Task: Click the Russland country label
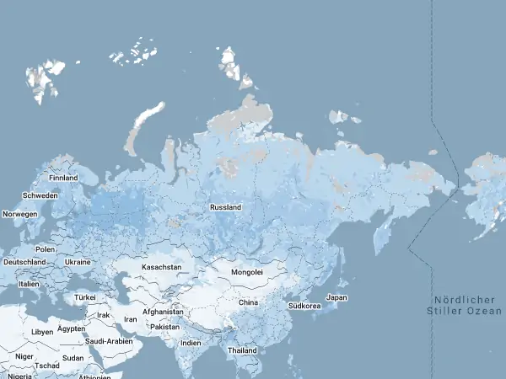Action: tap(226, 207)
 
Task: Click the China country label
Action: tap(248, 302)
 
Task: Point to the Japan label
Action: tap(336, 297)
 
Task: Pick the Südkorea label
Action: tap(304, 306)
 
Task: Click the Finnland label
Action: tap(63, 179)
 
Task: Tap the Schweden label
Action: tap(40, 195)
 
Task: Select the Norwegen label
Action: tap(20, 215)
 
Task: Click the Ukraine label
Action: tap(78, 262)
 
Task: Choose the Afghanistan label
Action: tap(164, 312)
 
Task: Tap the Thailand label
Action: tap(242, 350)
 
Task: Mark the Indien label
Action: tap(191, 343)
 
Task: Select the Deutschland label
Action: tap(24, 262)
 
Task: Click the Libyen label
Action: tap(42, 332)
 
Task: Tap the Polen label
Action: tap(45, 250)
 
